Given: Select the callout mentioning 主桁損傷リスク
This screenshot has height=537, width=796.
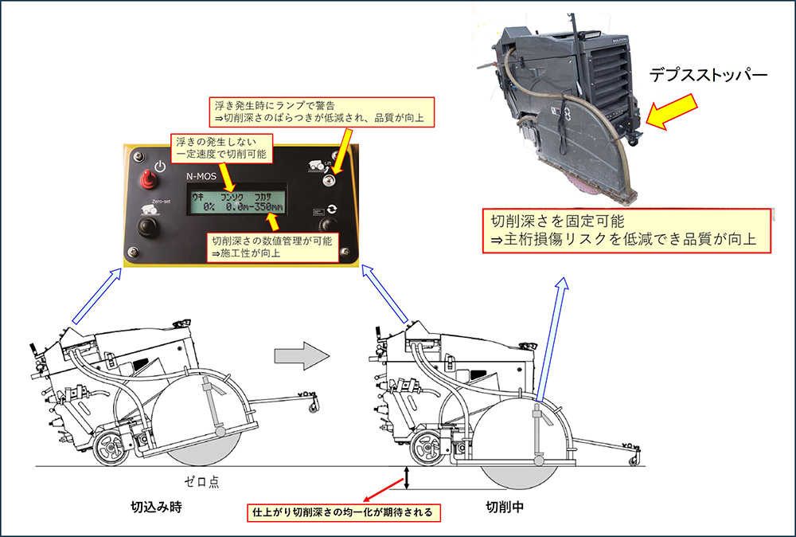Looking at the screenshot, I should (629, 230).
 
